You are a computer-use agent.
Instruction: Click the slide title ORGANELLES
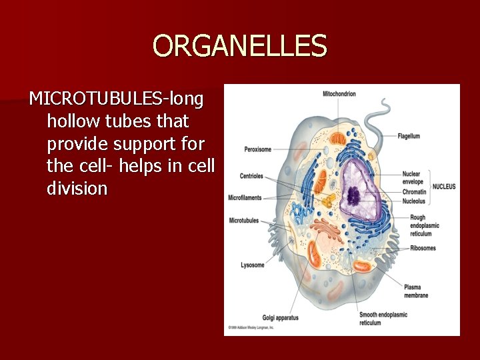[x=239, y=46]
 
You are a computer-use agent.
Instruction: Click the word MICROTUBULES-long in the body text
[x=117, y=99]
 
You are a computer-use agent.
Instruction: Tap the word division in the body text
[x=77, y=189]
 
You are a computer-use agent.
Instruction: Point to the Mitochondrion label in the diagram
[x=339, y=94]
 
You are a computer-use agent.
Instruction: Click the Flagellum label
[x=409, y=136]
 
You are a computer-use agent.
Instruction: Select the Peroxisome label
[x=258, y=149]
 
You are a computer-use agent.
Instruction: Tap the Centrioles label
[x=251, y=176]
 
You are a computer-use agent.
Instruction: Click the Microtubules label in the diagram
[x=244, y=220]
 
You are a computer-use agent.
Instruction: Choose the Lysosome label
[x=253, y=265]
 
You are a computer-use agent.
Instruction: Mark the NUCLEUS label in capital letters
[x=444, y=187]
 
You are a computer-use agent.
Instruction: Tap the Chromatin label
[x=414, y=192]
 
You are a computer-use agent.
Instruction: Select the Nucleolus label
[x=414, y=201]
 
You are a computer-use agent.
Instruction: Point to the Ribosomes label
[x=423, y=249]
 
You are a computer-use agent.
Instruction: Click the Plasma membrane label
[x=416, y=291]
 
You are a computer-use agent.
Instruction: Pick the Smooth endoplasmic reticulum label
[x=383, y=319]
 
